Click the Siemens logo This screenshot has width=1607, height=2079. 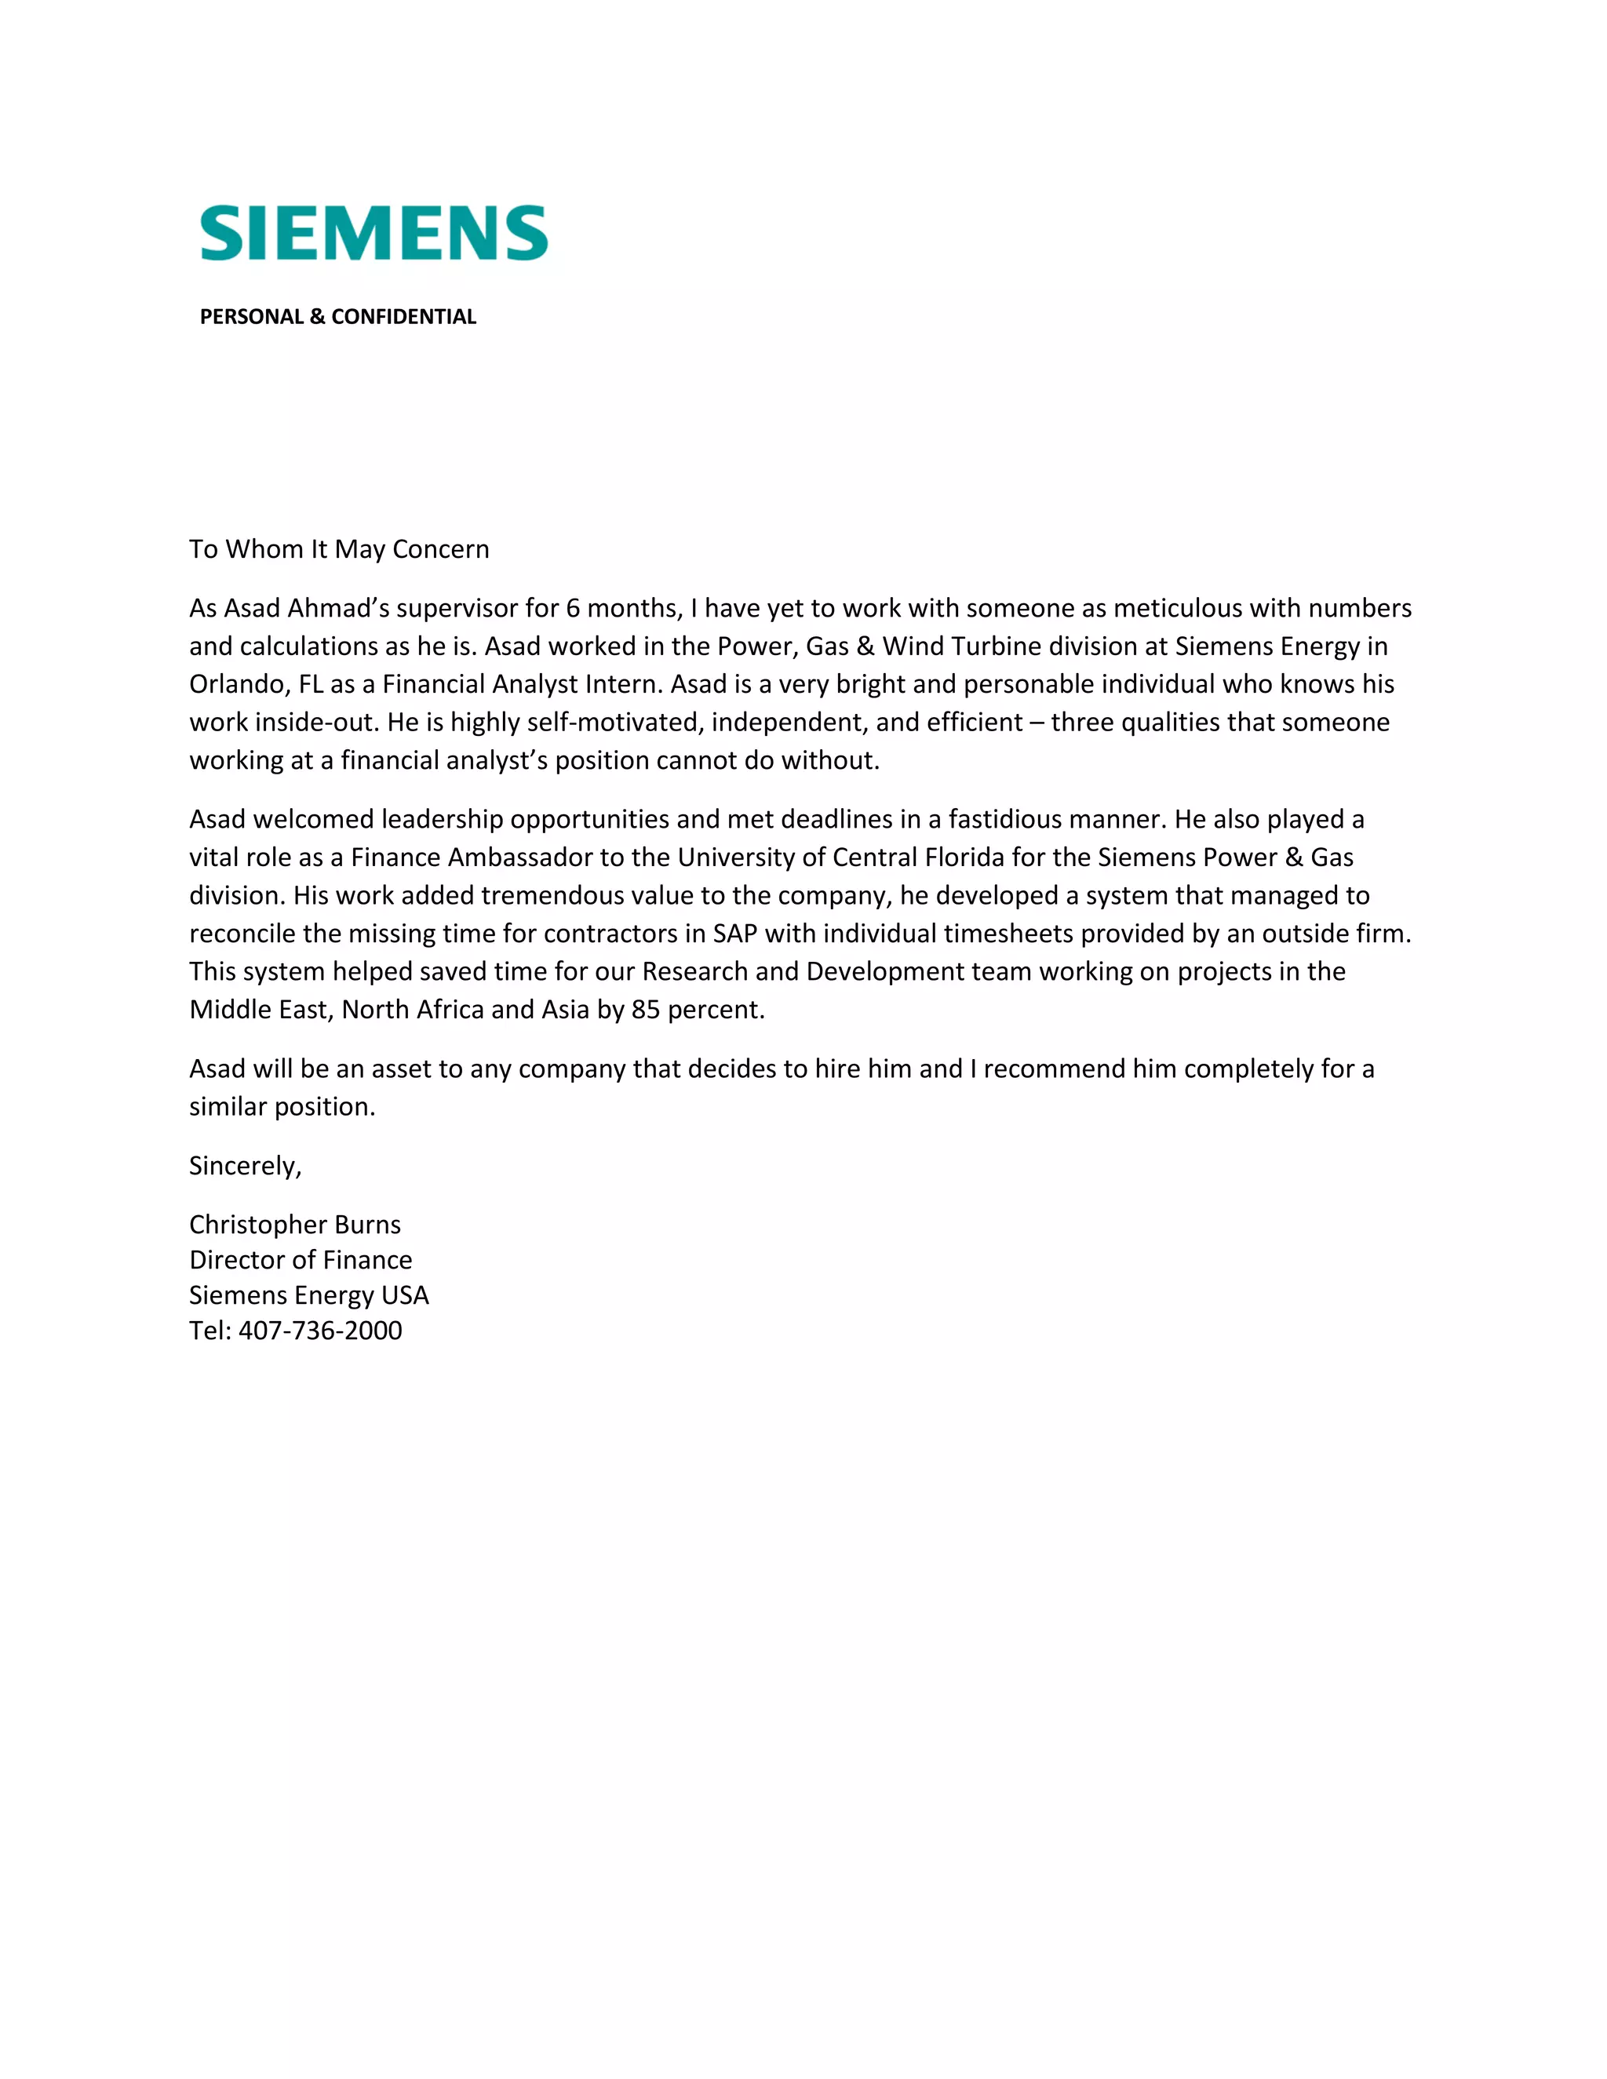[374, 232]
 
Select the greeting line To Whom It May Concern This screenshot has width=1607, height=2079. [339, 549]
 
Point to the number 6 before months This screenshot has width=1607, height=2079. [572, 608]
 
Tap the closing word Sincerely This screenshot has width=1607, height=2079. [245, 1166]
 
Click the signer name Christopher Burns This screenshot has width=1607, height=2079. [295, 1225]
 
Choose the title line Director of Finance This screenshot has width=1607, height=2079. [301, 1261]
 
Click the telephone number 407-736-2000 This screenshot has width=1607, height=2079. [320, 1331]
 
